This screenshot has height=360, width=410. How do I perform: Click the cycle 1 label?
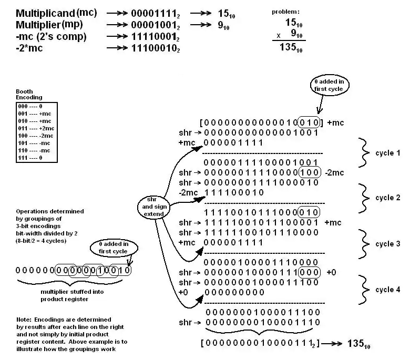(x=387, y=153)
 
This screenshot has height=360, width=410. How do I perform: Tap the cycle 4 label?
(x=387, y=290)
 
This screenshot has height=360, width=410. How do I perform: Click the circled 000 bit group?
(x=309, y=272)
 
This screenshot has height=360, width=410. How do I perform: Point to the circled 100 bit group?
(x=309, y=172)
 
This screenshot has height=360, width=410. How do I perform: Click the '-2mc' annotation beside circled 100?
(x=335, y=172)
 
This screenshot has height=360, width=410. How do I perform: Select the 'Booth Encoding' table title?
(x=25, y=95)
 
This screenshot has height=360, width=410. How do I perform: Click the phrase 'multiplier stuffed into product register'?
(x=63, y=295)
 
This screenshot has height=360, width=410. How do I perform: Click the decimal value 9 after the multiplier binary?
(x=222, y=24)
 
